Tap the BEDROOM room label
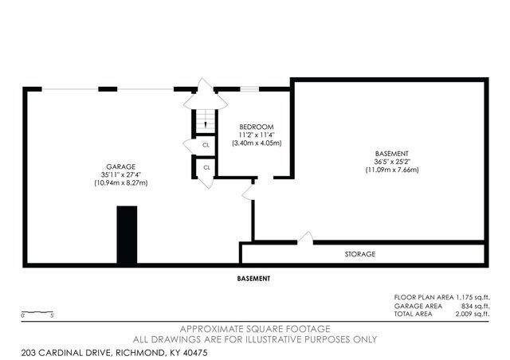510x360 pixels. [257, 127]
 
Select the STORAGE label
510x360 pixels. [360, 254]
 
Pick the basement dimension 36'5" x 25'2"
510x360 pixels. [392, 161]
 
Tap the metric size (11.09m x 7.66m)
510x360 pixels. [392, 170]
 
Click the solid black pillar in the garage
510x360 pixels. [126, 235]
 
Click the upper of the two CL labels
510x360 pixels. [206, 145]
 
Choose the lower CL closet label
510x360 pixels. [206, 167]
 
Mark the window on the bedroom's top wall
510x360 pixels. [249, 89]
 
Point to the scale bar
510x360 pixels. [37, 311]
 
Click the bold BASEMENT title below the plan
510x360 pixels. [254, 279]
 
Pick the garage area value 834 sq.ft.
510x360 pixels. [473, 305]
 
